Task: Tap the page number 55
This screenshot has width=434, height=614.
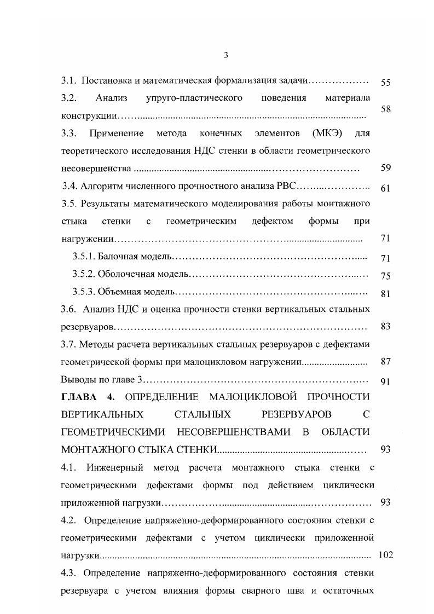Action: tap(385, 83)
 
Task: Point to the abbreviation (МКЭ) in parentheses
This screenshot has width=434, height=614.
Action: tap(328, 134)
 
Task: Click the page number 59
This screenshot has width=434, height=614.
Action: tap(385, 168)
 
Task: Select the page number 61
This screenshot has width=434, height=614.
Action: tap(385, 188)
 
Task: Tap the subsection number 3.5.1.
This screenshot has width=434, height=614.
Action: tap(84, 257)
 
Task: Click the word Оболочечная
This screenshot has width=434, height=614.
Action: tap(128, 274)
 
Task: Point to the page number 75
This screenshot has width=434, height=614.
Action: tap(385, 276)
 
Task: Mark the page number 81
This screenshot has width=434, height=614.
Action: tap(385, 294)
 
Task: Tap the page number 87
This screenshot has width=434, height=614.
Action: tap(385, 362)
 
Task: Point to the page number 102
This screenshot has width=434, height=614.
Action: tap(386, 555)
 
